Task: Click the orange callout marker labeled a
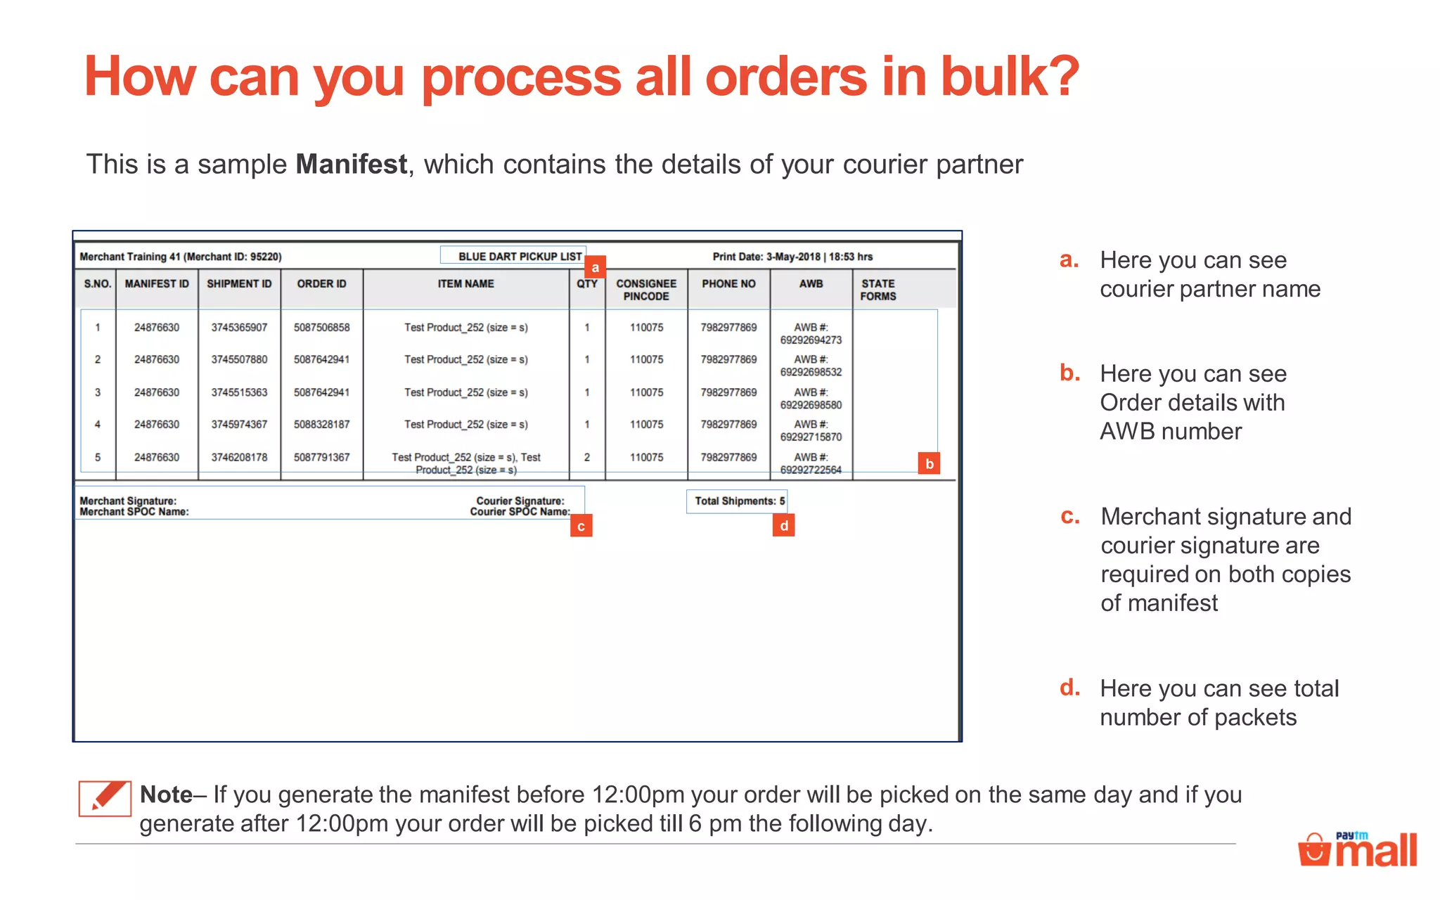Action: click(x=595, y=267)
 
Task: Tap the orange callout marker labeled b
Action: click(x=929, y=463)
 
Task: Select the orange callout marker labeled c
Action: click(x=581, y=526)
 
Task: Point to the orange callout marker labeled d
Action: click(x=783, y=525)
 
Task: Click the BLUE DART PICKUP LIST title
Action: click(x=520, y=257)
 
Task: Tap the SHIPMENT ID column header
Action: click(x=239, y=284)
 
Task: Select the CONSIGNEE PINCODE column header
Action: click(x=646, y=290)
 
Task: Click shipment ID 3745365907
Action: click(x=239, y=328)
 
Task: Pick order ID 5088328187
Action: click(x=321, y=425)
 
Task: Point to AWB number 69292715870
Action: click(x=811, y=437)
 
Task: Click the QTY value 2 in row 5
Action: click(x=587, y=458)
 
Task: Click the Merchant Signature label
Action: click(x=128, y=501)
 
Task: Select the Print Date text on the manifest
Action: click(x=792, y=257)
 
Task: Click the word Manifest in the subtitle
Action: click(x=351, y=165)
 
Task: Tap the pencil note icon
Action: click(x=105, y=798)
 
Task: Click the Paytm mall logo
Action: click(x=1358, y=849)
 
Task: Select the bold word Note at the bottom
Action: click(x=166, y=795)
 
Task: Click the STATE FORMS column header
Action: click(x=878, y=290)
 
